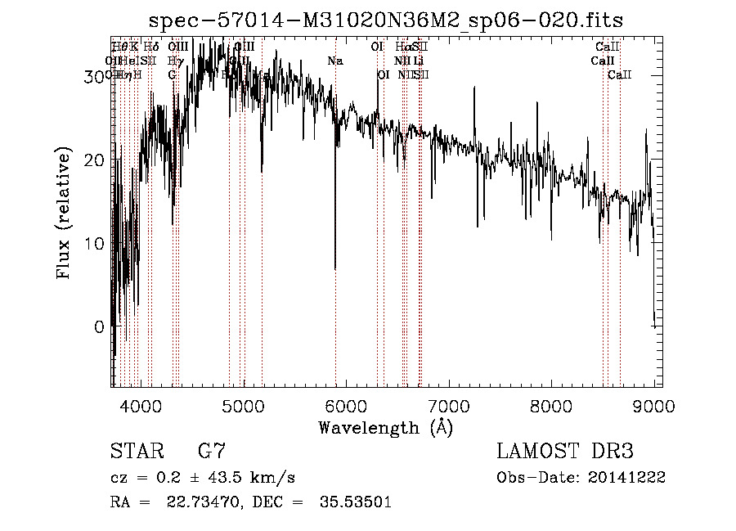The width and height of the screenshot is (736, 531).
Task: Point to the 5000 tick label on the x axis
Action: coord(243,405)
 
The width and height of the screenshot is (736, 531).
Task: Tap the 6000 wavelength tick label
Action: coord(346,405)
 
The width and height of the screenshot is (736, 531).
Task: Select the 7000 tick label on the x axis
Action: coord(448,405)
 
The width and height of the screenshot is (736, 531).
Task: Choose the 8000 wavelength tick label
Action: coord(551,405)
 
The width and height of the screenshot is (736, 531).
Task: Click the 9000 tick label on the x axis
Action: coord(653,405)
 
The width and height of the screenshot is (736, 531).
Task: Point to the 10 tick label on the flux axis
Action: coord(95,243)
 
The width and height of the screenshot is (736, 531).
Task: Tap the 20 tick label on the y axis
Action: coord(95,160)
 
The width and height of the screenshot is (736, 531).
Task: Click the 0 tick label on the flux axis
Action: coord(100,326)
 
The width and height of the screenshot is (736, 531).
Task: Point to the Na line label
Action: coord(335,61)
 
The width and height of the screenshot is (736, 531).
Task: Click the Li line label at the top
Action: coord(418,61)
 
